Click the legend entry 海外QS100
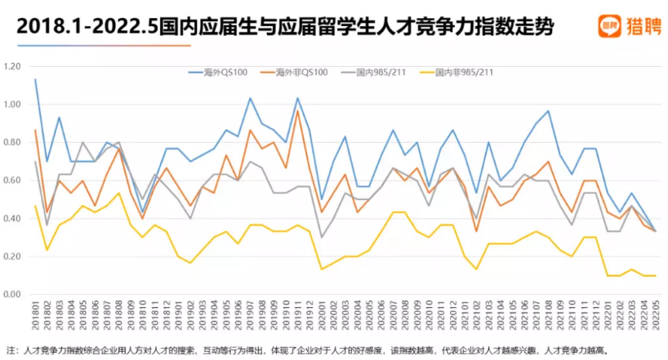pyautogui.click(x=220, y=73)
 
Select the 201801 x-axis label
pyautogui.click(x=36, y=317)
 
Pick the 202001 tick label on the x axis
pyautogui.click(x=321, y=317)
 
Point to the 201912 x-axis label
pyautogui.click(x=310, y=317)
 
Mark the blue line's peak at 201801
pyautogui.click(x=35, y=79)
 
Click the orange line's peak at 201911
pyautogui.click(x=297, y=110)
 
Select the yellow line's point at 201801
pyautogui.click(x=35, y=206)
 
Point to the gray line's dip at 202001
pyautogui.click(x=321, y=237)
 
